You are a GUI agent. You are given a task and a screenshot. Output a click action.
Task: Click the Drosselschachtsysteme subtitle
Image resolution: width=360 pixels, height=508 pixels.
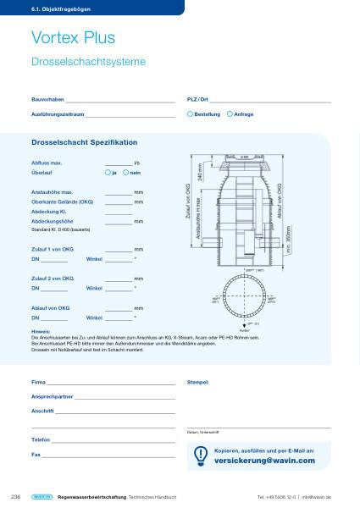coord(88,62)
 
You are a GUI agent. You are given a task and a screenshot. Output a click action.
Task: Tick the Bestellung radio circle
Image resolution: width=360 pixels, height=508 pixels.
coord(190,113)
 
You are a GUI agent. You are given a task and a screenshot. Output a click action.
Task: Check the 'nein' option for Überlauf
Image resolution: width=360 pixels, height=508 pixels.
coord(125,172)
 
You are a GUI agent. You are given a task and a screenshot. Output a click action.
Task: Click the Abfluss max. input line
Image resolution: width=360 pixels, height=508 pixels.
coord(119,163)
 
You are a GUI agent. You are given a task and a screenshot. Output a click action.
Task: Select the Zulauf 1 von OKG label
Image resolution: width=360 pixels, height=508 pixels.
coord(53,249)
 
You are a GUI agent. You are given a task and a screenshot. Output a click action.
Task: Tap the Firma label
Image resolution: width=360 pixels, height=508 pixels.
coord(38,383)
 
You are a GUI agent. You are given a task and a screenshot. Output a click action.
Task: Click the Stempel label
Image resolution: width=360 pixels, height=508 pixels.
coord(197,383)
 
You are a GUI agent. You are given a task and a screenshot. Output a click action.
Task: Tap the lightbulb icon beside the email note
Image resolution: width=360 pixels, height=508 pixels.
coord(201,456)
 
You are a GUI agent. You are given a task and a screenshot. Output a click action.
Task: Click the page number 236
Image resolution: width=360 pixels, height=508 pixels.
coord(14,495)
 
